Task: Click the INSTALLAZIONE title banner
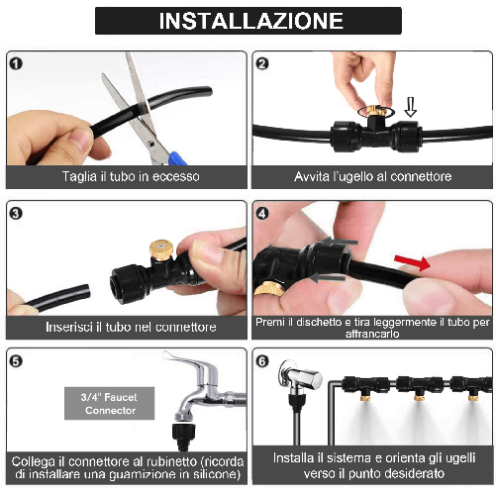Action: click(x=248, y=21)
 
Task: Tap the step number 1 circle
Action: click(x=17, y=63)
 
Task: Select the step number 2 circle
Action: click(x=263, y=63)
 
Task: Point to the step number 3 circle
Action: click(x=17, y=213)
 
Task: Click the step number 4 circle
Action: click(x=263, y=213)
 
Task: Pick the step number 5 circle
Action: click(x=17, y=360)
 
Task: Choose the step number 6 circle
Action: click(x=263, y=360)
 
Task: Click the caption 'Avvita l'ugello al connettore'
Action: click(x=372, y=176)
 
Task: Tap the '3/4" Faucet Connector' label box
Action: click(x=109, y=403)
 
